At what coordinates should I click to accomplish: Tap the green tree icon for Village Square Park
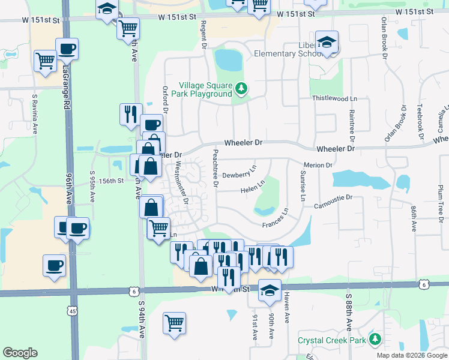(x=241, y=89)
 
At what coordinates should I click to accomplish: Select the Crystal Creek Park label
(x=332, y=340)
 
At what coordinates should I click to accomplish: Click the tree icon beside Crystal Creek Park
(x=375, y=340)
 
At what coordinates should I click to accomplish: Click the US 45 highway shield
(x=73, y=311)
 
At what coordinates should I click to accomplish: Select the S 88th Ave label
(x=349, y=311)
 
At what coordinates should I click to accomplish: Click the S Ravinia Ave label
(x=35, y=114)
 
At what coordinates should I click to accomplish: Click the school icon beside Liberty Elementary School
(x=327, y=43)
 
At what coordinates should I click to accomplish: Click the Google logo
(x=20, y=353)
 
